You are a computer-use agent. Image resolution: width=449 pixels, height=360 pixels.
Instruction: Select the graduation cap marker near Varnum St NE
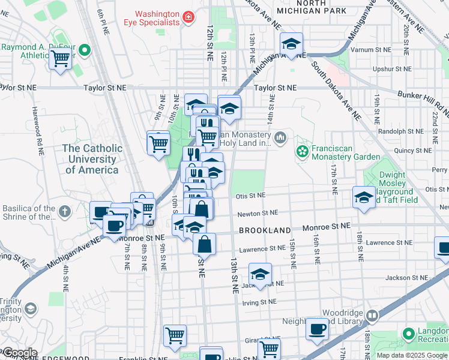(x=292, y=44)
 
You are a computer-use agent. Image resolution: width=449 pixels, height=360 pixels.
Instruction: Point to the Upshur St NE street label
(x=391, y=70)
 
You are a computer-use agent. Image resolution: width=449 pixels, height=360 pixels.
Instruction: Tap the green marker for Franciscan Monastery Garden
(x=303, y=149)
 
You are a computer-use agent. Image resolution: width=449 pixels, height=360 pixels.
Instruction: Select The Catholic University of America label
(x=92, y=159)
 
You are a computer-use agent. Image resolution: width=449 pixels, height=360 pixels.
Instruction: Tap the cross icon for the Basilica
(x=64, y=212)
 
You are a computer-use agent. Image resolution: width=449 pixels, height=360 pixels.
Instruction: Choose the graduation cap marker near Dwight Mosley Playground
(x=364, y=197)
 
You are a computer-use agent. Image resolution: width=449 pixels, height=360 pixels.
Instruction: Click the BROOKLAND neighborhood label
(x=265, y=230)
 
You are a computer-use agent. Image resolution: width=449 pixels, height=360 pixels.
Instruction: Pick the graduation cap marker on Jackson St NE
(x=259, y=275)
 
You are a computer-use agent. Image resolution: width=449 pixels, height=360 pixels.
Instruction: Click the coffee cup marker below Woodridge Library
(x=317, y=329)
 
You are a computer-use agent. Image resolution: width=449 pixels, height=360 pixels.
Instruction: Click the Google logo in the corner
(x=19, y=353)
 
